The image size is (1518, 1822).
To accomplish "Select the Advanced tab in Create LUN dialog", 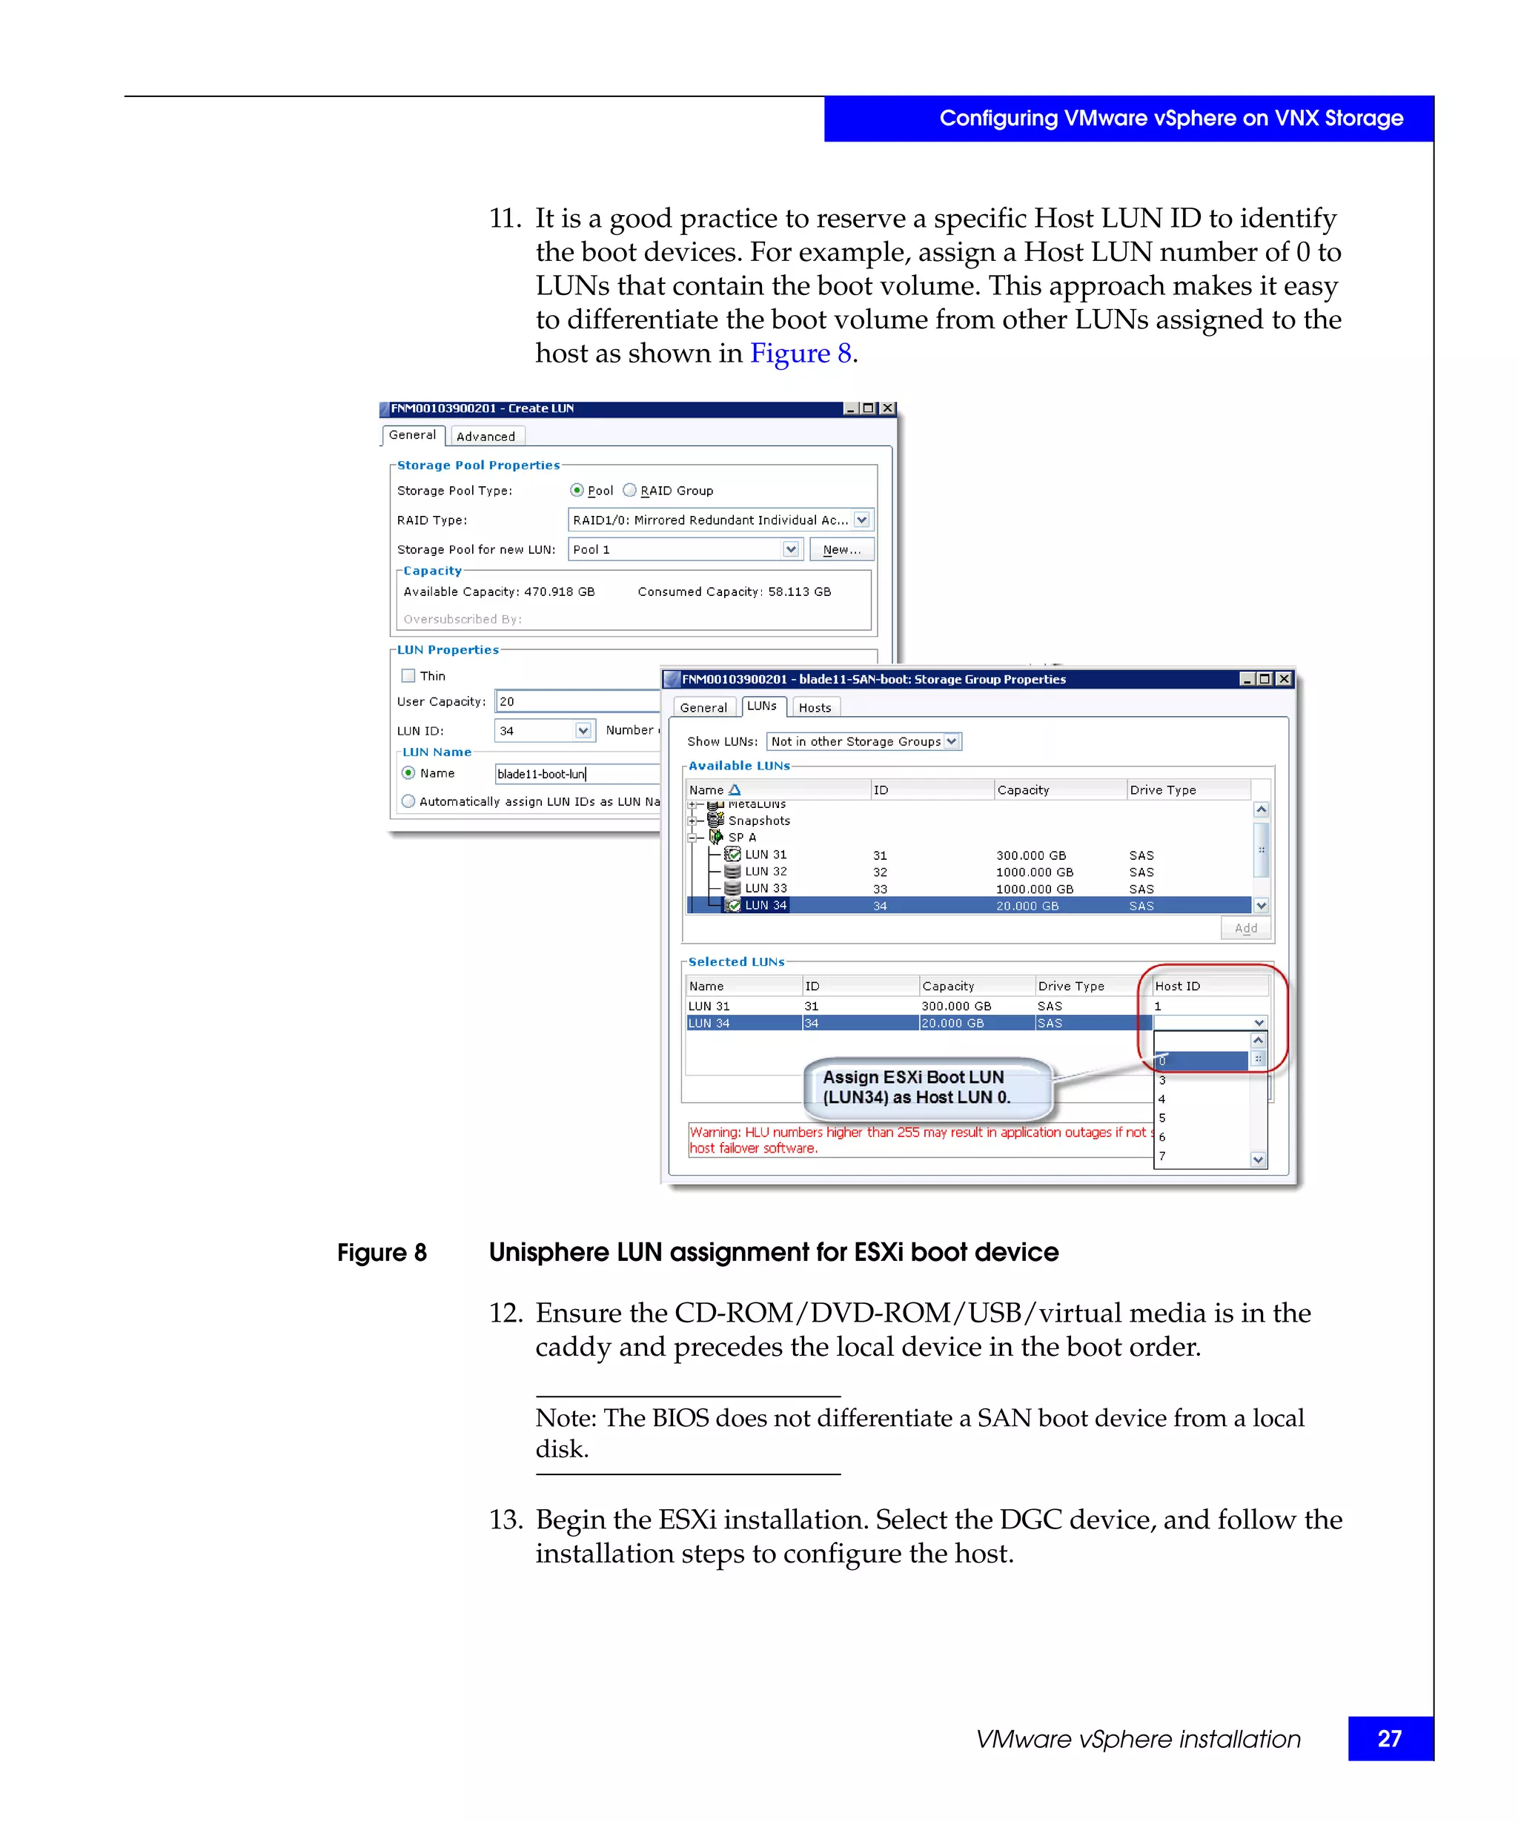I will pyautogui.click(x=485, y=437).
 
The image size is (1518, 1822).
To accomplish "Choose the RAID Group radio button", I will pyautogui.click(x=630, y=490).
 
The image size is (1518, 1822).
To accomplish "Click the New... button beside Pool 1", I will pyautogui.click(x=841, y=549).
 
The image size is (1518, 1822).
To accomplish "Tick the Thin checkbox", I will pyautogui.click(x=408, y=676).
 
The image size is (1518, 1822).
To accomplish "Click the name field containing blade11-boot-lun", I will pyautogui.click(x=572, y=774).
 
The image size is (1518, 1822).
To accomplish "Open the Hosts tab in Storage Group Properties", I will pyautogui.click(x=814, y=707).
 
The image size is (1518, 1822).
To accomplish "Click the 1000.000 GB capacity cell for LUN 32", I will pyautogui.click(x=1034, y=872).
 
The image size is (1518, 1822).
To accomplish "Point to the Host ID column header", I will pyautogui.click(x=1177, y=986).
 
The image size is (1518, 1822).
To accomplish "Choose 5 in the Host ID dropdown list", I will pyautogui.click(x=1161, y=1118).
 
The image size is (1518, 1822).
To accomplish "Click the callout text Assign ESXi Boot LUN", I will pyautogui.click(x=912, y=1077).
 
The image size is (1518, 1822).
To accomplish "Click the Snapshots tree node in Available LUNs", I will pyautogui.click(x=758, y=820).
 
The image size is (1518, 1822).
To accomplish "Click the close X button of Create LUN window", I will pyautogui.click(x=887, y=408).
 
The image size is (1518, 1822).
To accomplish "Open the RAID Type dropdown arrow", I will pyautogui.click(x=861, y=520).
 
